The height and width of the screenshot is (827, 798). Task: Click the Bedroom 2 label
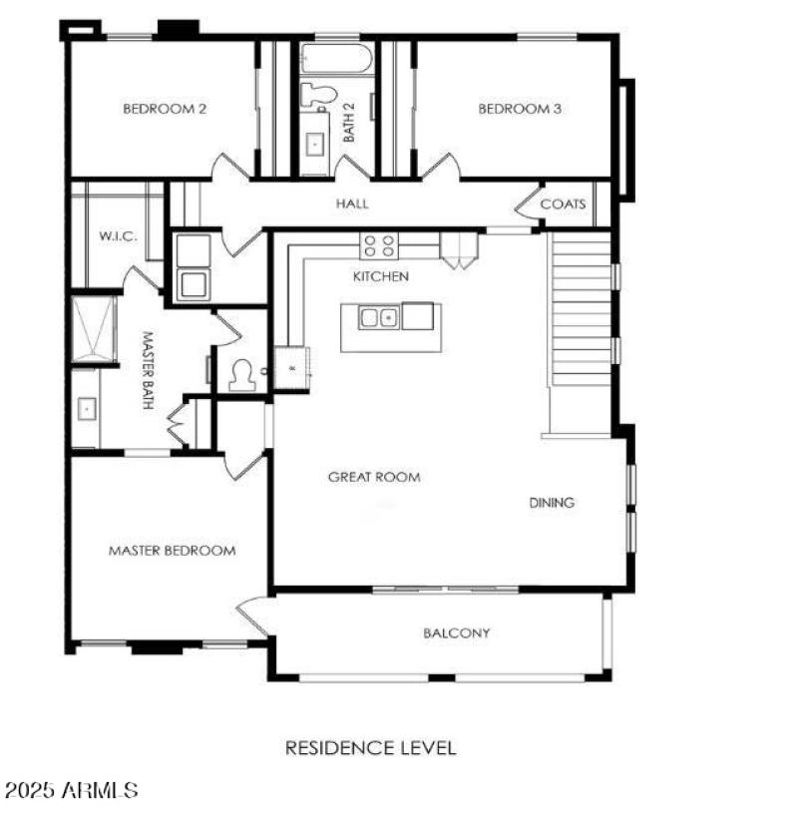(x=165, y=109)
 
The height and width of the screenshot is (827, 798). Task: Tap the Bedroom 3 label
(x=520, y=109)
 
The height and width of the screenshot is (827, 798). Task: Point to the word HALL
(x=352, y=204)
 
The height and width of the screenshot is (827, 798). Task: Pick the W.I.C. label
(x=117, y=236)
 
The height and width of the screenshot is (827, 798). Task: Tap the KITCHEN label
(x=381, y=275)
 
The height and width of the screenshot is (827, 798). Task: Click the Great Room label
(x=374, y=477)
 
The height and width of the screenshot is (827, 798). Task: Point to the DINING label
(x=552, y=503)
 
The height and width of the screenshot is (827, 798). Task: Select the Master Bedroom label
(x=172, y=550)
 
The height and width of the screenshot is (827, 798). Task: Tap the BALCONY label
(x=456, y=632)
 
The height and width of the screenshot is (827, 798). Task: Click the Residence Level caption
(x=371, y=747)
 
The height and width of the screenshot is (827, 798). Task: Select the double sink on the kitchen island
(x=380, y=318)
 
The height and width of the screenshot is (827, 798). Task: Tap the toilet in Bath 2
(x=317, y=96)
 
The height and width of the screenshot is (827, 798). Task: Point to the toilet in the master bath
(x=241, y=374)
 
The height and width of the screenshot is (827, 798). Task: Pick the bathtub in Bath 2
(x=336, y=58)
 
